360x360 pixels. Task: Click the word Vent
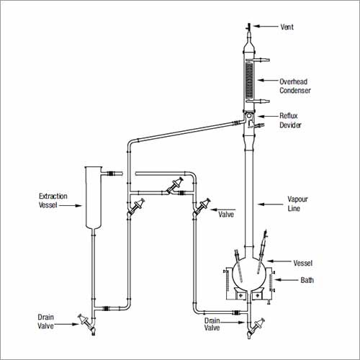point(287,27)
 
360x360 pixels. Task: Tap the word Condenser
point(295,91)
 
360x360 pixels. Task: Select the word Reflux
point(289,116)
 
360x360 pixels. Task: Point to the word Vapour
point(297,199)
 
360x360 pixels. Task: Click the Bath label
point(307,280)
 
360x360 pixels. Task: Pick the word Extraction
point(53,196)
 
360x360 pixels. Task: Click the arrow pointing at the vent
point(265,26)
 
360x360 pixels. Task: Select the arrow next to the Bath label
point(287,280)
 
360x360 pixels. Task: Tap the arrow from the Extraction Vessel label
point(71,205)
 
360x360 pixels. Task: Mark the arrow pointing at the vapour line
point(271,204)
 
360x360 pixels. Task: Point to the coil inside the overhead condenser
point(249,80)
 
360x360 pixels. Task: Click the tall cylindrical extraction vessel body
point(94,197)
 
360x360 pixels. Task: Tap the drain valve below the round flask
point(257,325)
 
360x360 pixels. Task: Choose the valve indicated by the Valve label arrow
point(202,207)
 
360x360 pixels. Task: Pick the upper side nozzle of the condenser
point(262,60)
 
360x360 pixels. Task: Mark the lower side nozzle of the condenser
point(262,102)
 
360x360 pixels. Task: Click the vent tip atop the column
point(248,27)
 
